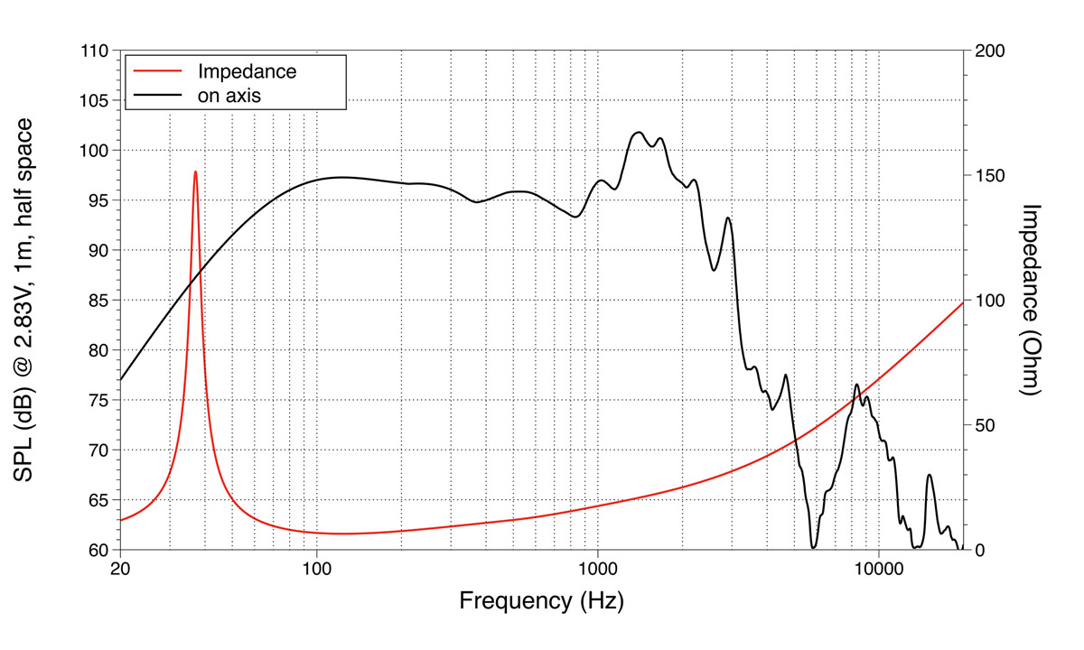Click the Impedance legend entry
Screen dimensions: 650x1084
(247, 70)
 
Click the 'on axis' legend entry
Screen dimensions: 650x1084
(229, 94)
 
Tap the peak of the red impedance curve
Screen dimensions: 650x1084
(195, 172)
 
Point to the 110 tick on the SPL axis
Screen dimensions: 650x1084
(94, 51)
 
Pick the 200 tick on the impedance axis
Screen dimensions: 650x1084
(988, 51)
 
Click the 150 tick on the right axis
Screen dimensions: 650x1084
(988, 175)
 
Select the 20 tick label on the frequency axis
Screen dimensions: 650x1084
(120, 569)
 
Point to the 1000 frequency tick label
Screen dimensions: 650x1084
(597, 569)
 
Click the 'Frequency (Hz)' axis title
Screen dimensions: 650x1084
(541, 600)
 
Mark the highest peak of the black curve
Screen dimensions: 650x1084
(639, 132)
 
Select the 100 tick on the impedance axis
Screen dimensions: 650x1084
(988, 301)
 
